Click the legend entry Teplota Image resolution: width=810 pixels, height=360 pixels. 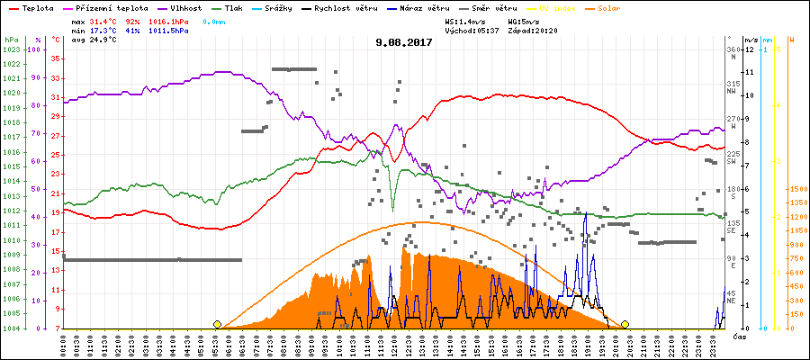pyautogui.click(x=34, y=7)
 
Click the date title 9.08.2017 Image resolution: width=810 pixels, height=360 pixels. pyautogui.click(x=404, y=42)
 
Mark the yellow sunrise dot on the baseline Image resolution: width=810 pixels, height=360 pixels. pyautogui.click(x=217, y=324)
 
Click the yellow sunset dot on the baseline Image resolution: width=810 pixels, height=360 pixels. pyautogui.click(x=625, y=324)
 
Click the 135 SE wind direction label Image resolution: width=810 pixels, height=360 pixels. pyautogui.click(x=733, y=227)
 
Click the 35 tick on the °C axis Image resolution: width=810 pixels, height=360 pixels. pyautogui.click(x=56, y=58)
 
